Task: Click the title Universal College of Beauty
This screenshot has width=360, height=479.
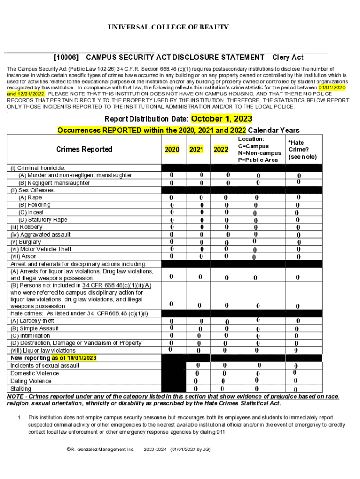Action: tap(168, 27)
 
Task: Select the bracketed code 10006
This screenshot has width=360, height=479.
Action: tap(66, 58)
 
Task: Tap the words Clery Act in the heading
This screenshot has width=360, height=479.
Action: tap(288, 58)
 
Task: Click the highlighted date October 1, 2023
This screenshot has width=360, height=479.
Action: tap(222, 118)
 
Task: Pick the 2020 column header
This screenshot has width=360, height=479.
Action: tap(172, 150)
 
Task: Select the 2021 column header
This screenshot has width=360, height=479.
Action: tap(196, 150)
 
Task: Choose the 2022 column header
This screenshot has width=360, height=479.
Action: tap(221, 150)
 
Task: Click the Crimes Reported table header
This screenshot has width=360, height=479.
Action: tap(84, 149)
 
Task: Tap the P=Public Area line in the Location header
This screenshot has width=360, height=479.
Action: tap(258, 160)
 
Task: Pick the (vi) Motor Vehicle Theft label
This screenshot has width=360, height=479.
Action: tap(41, 249)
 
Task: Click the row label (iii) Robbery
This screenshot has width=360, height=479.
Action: tap(26, 227)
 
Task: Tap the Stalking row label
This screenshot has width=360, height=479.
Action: tap(21, 388)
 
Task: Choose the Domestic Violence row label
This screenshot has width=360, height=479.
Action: tap(35, 373)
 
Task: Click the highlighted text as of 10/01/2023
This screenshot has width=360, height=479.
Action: tap(74, 358)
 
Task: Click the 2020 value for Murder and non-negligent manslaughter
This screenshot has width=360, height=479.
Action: tap(171, 175)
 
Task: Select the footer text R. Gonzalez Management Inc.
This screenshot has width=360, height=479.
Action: tap(101, 450)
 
